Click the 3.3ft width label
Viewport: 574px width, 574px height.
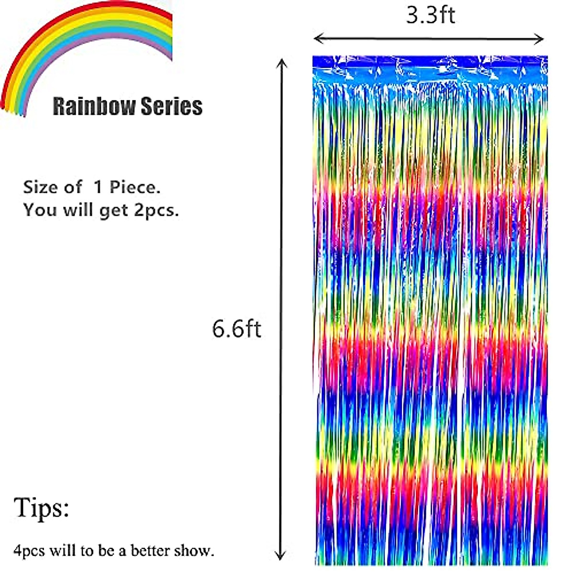430,15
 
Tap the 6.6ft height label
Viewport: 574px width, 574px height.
237,329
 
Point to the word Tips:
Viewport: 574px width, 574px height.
42,507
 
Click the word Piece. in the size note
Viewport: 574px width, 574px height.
135,187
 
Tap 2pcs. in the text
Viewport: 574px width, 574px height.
156,210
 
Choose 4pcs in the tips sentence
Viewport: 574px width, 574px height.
29,551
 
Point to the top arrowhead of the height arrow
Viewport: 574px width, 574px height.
282,62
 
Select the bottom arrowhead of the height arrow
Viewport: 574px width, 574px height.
282,556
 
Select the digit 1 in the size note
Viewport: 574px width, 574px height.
98,187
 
